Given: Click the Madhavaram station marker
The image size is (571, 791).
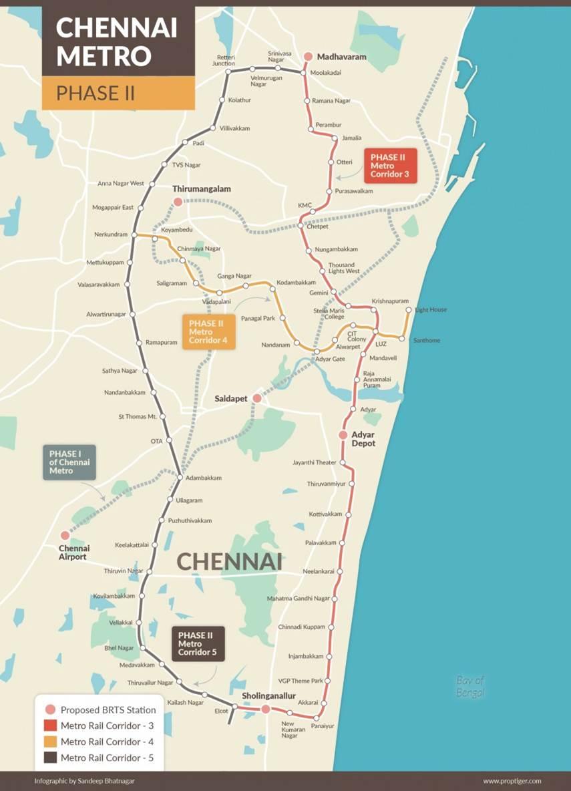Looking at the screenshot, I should coord(308,57).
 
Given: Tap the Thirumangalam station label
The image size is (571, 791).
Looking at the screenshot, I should coord(201,189).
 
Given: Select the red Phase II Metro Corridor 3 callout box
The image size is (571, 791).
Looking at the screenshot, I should coord(390,166).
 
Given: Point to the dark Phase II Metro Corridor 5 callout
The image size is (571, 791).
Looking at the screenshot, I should coord(198,643).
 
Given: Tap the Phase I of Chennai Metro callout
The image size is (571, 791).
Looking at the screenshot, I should coord(69,462).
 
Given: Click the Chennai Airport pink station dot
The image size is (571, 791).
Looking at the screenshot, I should coord(65,535).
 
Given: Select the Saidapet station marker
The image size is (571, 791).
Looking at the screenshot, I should coord(256,398).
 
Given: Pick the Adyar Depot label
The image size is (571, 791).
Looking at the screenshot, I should coord(363,439).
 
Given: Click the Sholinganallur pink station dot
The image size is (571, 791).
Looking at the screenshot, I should coord(265,709).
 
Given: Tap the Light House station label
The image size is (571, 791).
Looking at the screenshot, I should coord(431,310).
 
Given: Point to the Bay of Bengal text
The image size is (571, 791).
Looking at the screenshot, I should coord(470,686).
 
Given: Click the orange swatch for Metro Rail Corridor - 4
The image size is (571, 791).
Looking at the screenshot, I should coord(50,742).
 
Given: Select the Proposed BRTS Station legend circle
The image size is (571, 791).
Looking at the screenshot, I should coord(50,709).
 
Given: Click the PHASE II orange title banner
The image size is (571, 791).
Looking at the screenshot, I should coord(118,93).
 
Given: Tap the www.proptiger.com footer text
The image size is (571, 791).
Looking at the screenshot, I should coord(512,780).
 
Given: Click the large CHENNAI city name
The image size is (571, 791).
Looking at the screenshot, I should coord(228,562).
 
